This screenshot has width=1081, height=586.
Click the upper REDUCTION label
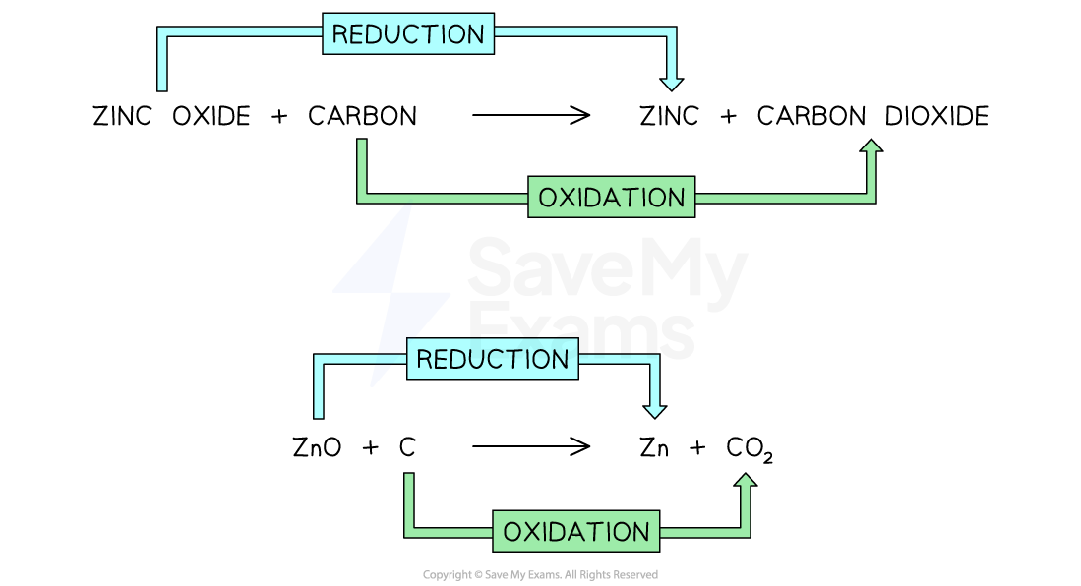click(x=408, y=34)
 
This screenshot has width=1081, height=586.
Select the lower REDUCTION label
click(x=493, y=359)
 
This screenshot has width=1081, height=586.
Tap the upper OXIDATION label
click(x=612, y=198)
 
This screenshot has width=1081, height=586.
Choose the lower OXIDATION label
click(x=576, y=532)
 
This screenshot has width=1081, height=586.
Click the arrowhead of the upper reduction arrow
click(x=672, y=84)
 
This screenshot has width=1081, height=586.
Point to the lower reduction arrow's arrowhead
click(x=654, y=411)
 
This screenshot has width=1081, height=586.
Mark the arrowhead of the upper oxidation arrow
click(x=871, y=146)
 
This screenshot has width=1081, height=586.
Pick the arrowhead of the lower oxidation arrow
click(x=746, y=480)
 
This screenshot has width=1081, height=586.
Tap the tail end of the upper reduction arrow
click(x=162, y=88)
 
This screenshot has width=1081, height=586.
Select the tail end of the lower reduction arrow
click(x=319, y=416)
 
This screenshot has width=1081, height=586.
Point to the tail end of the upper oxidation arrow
click(x=362, y=142)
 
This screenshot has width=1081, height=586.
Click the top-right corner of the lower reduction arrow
click(x=654, y=359)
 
